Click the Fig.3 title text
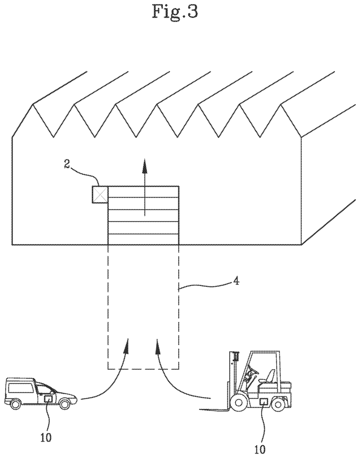coord(174,12)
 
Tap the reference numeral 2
coord(67,164)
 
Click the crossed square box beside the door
coord(100,194)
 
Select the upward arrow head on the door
coord(143,166)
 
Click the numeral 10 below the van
coord(45,437)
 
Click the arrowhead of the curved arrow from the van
coord(127,345)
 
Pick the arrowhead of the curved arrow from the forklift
coord(158,346)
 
